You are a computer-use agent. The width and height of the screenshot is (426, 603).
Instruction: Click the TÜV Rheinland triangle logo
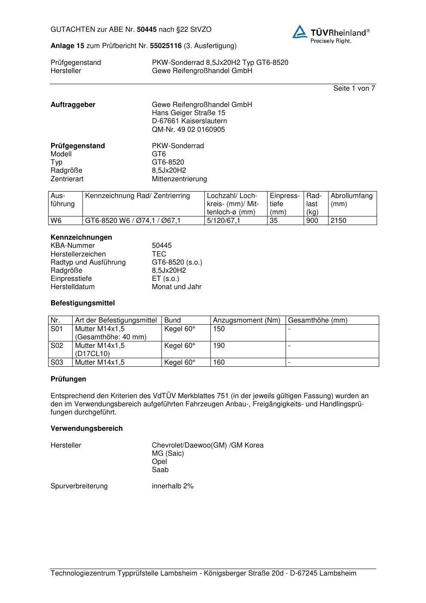300,32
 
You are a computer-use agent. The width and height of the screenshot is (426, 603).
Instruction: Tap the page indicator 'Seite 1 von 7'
354,88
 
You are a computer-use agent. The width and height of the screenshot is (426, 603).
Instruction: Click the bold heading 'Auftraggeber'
73,105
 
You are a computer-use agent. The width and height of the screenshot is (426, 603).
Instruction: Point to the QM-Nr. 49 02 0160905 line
188,130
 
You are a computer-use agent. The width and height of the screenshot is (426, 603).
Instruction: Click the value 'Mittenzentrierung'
179,179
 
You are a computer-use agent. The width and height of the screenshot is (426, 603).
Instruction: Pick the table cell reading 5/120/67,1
223,221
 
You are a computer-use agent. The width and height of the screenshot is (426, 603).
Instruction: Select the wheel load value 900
312,221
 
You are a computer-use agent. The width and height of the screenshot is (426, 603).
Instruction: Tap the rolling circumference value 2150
338,221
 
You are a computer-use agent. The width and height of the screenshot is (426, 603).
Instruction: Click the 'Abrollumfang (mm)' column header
351,200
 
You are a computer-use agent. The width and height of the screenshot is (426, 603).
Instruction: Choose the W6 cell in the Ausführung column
56,221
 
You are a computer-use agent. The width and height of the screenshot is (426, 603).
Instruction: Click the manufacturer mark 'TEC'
159,254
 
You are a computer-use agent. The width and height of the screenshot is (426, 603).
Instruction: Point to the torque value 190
219,346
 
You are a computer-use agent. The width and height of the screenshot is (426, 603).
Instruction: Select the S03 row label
57,362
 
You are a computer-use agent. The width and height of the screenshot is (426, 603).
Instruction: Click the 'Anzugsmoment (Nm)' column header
246,320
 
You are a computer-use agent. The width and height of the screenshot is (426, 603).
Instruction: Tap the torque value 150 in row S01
219,329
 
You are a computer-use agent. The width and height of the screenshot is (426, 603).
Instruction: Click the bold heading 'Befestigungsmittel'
82,303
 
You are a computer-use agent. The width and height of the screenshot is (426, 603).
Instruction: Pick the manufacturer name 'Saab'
160,470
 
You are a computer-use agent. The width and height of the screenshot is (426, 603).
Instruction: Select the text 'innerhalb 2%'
173,486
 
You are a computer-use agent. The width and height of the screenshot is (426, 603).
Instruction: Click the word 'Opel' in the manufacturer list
159,462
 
